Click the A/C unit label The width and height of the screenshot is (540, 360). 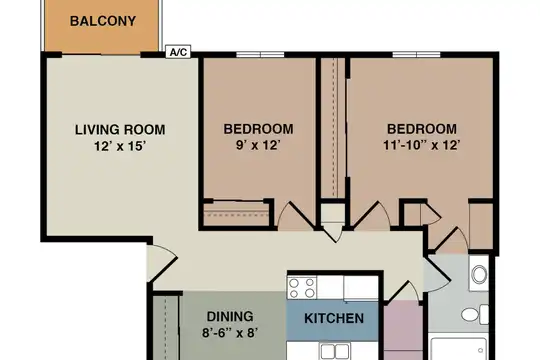coord(178,52)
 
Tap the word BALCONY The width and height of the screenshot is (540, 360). coord(103,21)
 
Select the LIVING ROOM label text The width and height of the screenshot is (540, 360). coord(120,130)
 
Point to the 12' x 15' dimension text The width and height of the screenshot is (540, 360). coord(121,146)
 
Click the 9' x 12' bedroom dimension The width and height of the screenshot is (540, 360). coord(258,145)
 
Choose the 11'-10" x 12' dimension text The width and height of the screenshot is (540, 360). coord(422,145)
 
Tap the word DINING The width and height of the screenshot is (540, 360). coord(230,316)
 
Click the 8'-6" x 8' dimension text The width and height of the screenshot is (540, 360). coord(230,333)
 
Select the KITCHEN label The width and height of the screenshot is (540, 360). coord(334,318)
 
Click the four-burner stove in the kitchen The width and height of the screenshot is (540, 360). coord(302,288)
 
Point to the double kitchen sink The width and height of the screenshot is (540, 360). coord(335,351)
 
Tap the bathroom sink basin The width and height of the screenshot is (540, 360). coord(479,274)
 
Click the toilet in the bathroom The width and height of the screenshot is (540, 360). coord(475,315)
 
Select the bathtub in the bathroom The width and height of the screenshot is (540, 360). coord(459,349)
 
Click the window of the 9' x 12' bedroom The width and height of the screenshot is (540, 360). coord(260,54)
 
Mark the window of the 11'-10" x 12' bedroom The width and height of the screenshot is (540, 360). coord(416,54)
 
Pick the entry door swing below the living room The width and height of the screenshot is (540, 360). coord(162,264)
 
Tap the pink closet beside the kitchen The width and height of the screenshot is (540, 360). coord(403,330)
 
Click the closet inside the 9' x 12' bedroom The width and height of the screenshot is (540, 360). coord(236,214)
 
